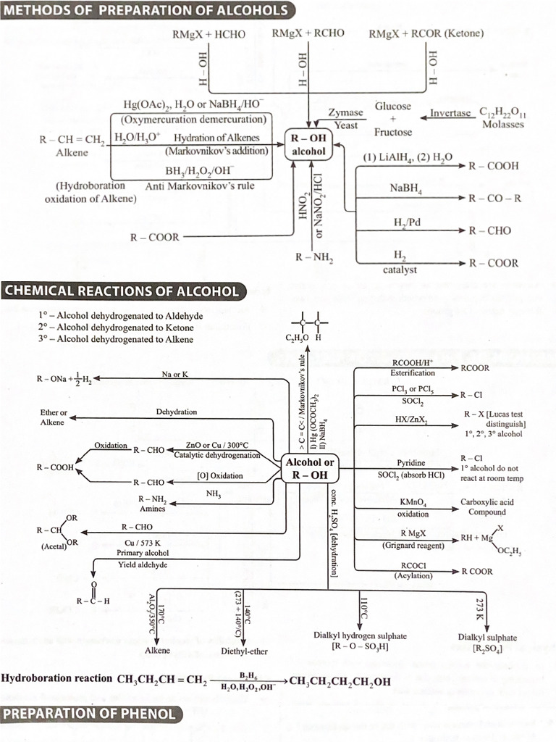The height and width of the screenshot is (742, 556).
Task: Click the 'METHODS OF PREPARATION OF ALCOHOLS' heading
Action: pyautogui.click(x=148, y=11)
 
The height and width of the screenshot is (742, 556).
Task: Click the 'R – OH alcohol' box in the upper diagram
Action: pyautogui.click(x=308, y=145)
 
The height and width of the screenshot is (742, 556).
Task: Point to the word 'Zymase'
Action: pyautogui.click(x=345, y=113)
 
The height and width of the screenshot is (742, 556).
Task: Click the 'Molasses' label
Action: pyautogui.click(x=502, y=125)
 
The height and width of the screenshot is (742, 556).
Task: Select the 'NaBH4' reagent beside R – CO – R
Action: pyautogui.click(x=406, y=188)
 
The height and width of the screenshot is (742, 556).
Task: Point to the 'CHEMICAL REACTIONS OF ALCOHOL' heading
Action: pyautogui.click(x=122, y=291)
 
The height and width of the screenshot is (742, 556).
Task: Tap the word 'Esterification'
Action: pyautogui.click(x=413, y=373)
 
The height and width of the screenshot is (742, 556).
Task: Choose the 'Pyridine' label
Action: pyautogui.click(x=410, y=462)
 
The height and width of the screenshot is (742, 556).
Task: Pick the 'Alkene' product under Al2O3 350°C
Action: pyautogui.click(x=157, y=651)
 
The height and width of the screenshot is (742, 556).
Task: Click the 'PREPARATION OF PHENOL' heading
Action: pyautogui.click(x=90, y=714)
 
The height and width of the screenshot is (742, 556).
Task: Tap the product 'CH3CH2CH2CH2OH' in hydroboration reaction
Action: pyautogui.click(x=340, y=681)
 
